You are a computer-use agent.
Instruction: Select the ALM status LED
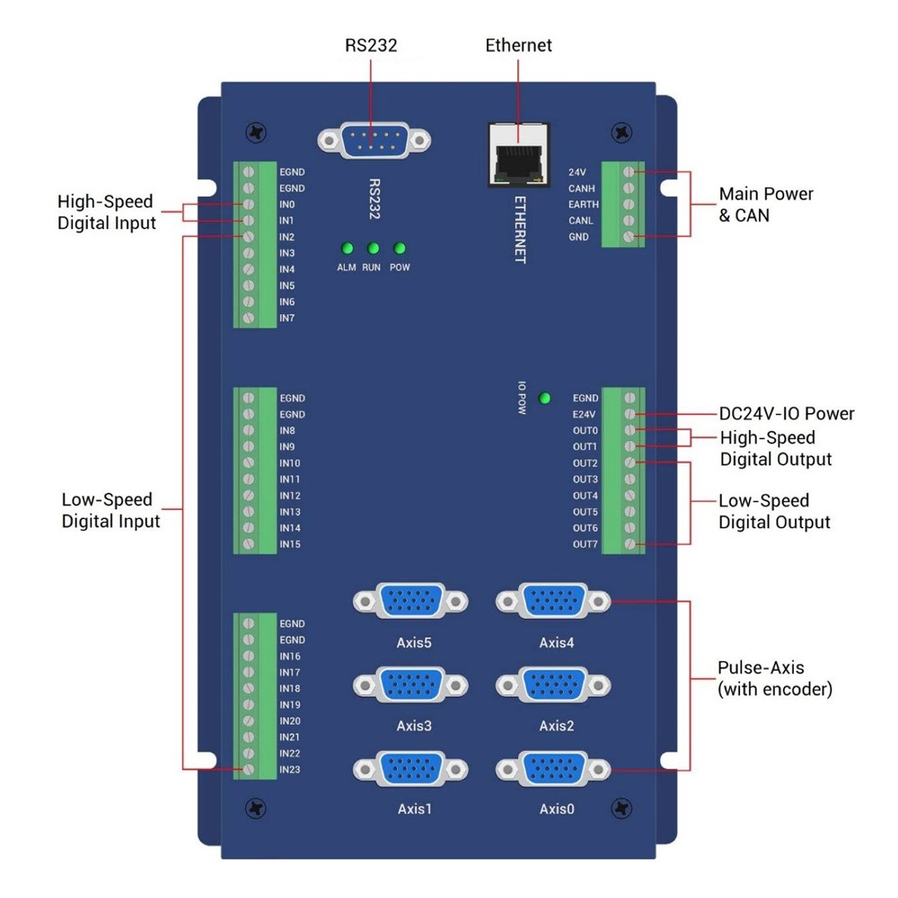pos(346,249)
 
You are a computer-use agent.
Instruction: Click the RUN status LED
pos(373,249)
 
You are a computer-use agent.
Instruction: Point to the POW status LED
pos(400,249)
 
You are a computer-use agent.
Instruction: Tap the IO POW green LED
pos(544,398)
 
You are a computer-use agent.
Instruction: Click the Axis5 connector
pos(410,601)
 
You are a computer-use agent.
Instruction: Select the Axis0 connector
pos(553,769)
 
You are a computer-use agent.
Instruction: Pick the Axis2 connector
pos(553,684)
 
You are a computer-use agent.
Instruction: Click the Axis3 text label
pos(414,726)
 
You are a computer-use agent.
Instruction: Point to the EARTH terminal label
pos(584,205)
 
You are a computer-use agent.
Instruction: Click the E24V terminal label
pos(585,415)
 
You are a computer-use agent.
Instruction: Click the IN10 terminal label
pos(290,463)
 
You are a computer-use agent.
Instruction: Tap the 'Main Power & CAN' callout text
pos(766,205)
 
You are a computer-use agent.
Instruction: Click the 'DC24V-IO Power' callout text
pos(787,414)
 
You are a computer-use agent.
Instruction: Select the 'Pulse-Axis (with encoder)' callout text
pos(775,679)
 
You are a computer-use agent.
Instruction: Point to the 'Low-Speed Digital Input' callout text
pos(110,510)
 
